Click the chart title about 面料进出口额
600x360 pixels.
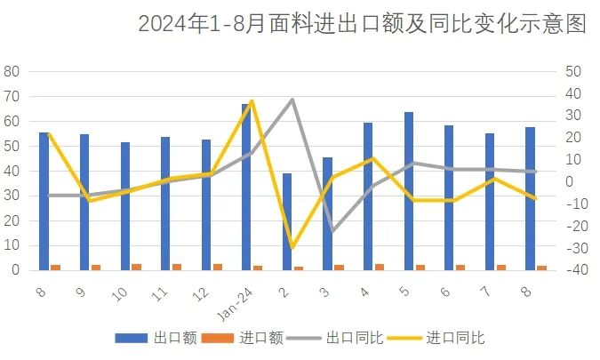362,24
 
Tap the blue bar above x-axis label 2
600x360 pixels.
286,221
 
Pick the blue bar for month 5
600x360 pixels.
408,190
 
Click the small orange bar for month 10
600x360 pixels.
136,266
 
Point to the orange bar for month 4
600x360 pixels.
380,266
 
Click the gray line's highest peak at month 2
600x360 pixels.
292,100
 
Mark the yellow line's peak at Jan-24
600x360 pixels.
252,100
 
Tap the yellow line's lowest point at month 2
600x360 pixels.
292,248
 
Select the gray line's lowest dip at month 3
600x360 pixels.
332,230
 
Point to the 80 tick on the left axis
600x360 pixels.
12,71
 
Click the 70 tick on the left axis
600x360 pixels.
12,96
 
